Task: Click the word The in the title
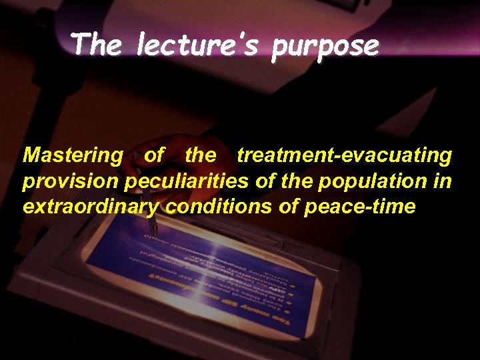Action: click(96, 45)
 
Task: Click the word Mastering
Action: click(73, 156)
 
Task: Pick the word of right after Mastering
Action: click(154, 155)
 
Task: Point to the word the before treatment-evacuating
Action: click(201, 155)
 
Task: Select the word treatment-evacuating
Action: click(344, 155)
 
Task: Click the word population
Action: click(364, 181)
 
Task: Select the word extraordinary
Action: click(91, 207)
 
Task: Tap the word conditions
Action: click(218, 206)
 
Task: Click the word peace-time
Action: click(360, 207)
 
